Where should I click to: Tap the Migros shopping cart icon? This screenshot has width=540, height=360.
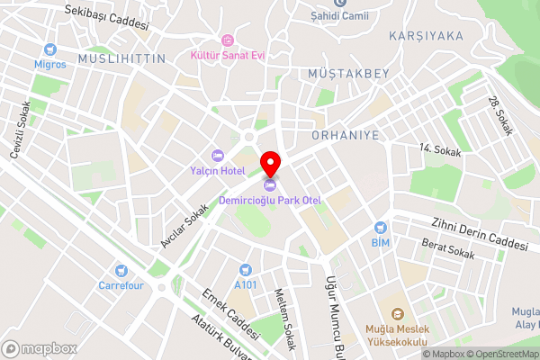point(51,49)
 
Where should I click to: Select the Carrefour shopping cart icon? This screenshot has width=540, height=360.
point(120,270)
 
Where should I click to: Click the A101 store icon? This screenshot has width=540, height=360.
point(244,269)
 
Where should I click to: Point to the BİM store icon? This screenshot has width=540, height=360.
point(380,228)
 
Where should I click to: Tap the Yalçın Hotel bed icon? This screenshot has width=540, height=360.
point(216,156)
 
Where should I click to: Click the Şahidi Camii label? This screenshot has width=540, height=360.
point(339,15)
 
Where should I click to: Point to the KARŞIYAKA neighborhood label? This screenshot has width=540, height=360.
point(426,36)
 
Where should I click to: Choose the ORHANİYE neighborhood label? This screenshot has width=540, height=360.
point(345,135)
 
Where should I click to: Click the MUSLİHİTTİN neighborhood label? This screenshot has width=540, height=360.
point(122,58)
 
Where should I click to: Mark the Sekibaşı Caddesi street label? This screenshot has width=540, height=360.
point(106,17)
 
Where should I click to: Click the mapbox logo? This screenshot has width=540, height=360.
point(40,347)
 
